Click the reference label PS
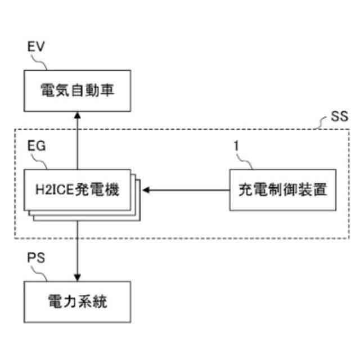point(36,260)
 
